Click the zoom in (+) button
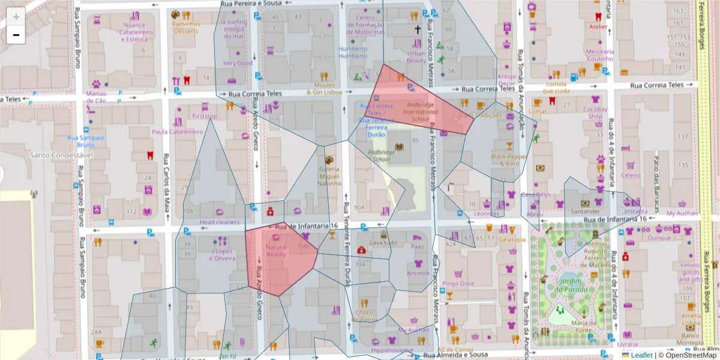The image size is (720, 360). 16,17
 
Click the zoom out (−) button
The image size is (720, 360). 16,35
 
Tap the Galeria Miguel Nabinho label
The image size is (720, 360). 328,176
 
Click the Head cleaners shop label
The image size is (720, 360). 219,222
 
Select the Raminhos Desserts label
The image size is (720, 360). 186,28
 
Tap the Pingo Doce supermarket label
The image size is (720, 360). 458,283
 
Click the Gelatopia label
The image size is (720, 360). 512,239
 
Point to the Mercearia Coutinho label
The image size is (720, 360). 600,55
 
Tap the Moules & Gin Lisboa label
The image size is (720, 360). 324,89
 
